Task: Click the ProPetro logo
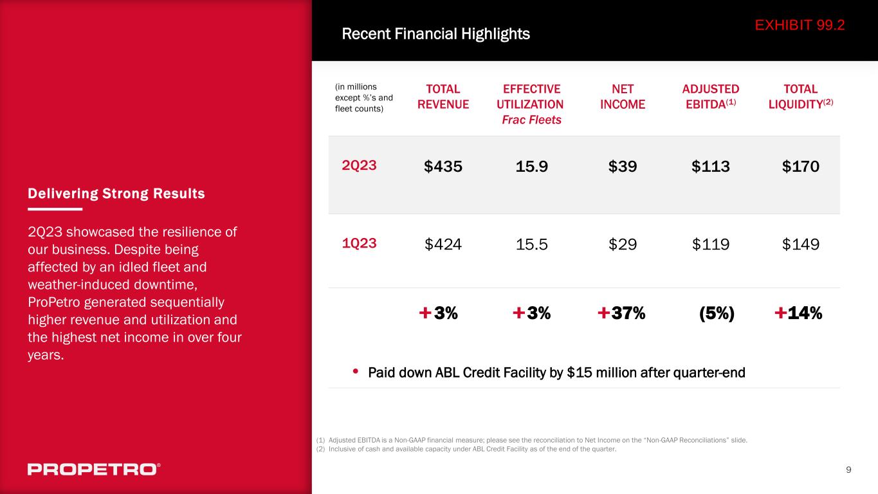[94, 469]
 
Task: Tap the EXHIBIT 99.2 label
[800, 25]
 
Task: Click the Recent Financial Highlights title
[435, 34]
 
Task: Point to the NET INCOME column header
[622, 96]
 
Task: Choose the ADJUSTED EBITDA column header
[710, 96]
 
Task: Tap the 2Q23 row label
[359, 165]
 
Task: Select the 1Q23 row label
[359, 243]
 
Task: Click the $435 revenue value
[443, 167]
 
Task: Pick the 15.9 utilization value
[531, 167]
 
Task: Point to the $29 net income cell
[623, 244]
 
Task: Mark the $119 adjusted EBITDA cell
[711, 244]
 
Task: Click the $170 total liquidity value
[801, 167]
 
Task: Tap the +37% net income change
[621, 313]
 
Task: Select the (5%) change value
[717, 313]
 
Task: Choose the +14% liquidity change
[798, 313]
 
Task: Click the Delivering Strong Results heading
[116, 194]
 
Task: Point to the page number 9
[848, 470]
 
